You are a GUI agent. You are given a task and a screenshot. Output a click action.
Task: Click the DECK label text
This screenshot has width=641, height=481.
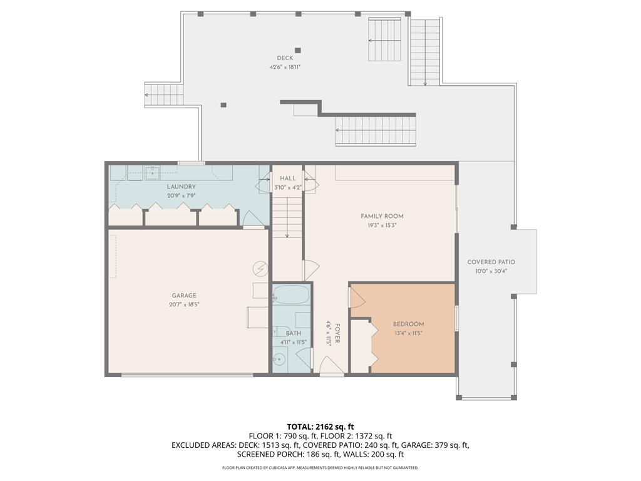285,58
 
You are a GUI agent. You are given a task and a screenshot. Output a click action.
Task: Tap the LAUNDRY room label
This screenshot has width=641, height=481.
182,187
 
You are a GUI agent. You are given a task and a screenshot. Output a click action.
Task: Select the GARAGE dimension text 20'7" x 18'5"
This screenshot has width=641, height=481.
184,304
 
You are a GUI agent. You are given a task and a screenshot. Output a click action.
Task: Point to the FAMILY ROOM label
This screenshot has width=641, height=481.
382,216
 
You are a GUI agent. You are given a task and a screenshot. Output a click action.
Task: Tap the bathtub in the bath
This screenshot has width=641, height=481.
291,295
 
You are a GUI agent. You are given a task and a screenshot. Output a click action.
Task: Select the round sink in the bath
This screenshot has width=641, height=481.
279,359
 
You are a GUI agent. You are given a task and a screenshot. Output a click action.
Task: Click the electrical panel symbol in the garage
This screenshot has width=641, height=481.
260,269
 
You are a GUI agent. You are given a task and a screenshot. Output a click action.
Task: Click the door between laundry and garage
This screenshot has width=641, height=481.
253,220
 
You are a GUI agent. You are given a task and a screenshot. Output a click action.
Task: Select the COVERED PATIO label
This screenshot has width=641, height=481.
491,262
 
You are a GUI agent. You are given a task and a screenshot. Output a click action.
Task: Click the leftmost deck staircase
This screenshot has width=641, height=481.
164,95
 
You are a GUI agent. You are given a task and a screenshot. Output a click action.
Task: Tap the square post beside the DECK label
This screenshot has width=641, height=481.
298,50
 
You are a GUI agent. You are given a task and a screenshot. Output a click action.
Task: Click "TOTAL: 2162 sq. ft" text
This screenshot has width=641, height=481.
320,427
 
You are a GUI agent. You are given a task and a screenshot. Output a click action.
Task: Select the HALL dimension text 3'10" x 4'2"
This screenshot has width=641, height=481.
287,187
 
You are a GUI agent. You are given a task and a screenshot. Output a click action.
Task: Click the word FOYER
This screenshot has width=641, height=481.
337,333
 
